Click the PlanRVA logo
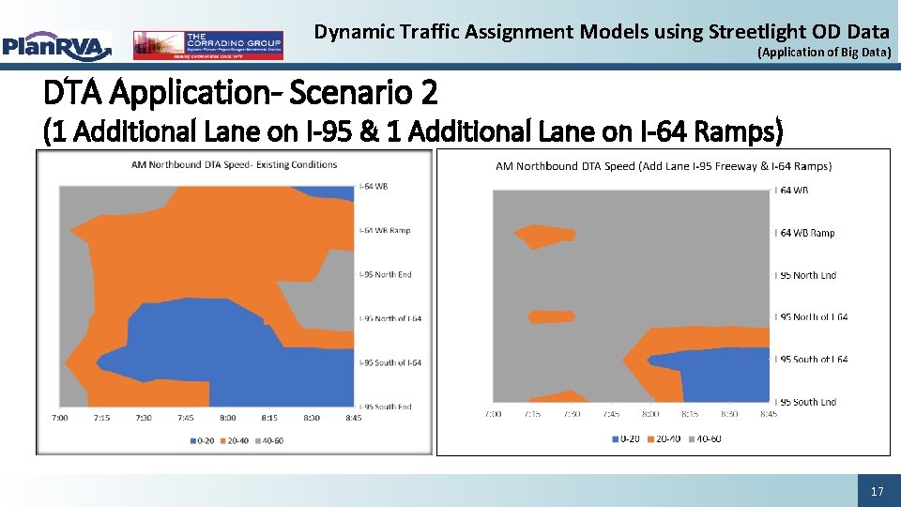pyautogui.click(x=56, y=45)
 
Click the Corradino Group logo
pyautogui.click(x=207, y=45)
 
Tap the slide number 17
pyautogui.click(x=878, y=491)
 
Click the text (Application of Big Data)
pyautogui.click(x=823, y=53)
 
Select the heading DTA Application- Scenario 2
pyautogui.click(x=240, y=93)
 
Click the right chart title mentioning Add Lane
pyautogui.click(x=663, y=166)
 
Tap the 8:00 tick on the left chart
pyautogui.click(x=227, y=417)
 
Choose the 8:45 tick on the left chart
pyautogui.click(x=354, y=417)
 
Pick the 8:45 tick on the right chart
pyautogui.click(x=768, y=413)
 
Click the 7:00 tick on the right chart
pyautogui.click(x=494, y=413)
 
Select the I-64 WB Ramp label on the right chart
pyautogui.click(x=805, y=233)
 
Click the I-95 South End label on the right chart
pyautogui.click(x=805, y=402)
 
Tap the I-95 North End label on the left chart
pyautogui.click(x=386, y=275)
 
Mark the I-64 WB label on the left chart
pyautogui.click(x=374, y=186)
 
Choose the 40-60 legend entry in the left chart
pyautogui.click(x=268, y=439)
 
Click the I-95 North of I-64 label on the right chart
pyautogui.click(x=811, y=317)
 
